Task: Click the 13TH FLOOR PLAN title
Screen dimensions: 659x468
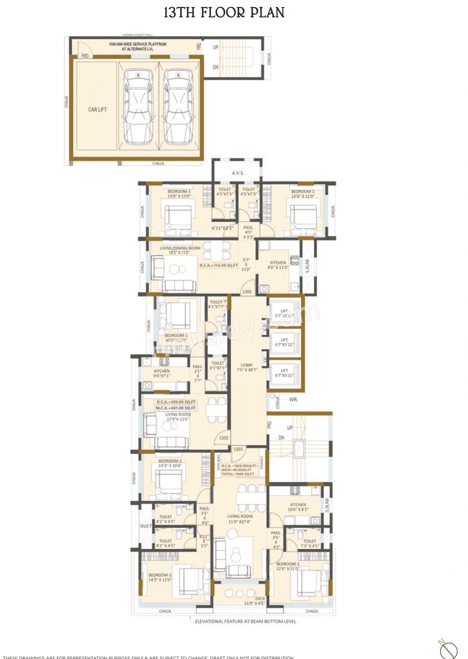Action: tap(224, 13)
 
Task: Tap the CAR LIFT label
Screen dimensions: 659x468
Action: tap(97, 109)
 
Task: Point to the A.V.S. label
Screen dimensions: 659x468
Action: tap(238, 173)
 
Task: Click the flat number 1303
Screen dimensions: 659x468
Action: tap(247, 292)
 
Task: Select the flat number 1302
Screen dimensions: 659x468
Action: tap(224, 438)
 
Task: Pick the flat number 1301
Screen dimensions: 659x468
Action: tap(238, 449)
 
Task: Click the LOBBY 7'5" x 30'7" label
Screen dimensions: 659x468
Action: tap(247, 367)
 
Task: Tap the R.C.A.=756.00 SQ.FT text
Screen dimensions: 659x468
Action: tap(219, 265)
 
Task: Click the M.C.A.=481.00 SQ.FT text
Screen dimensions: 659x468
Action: tap(175, 408)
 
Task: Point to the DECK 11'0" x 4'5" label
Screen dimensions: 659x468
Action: tap(255, 601)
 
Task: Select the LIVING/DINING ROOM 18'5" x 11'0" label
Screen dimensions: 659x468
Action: tap(180, 250)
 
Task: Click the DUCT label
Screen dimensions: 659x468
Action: tap(146, 526)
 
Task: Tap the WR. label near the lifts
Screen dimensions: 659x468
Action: tap(293, 400)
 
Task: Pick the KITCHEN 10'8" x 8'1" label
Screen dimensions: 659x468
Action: tap(298, 507)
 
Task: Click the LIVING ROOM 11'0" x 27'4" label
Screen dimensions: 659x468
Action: tap(240, 519)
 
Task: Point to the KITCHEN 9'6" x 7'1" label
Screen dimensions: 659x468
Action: tap(162, 373)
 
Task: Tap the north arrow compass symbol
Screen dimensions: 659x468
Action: tap(448, 649)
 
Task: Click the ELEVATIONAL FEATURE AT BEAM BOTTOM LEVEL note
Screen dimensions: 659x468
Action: tap(245, 621)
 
